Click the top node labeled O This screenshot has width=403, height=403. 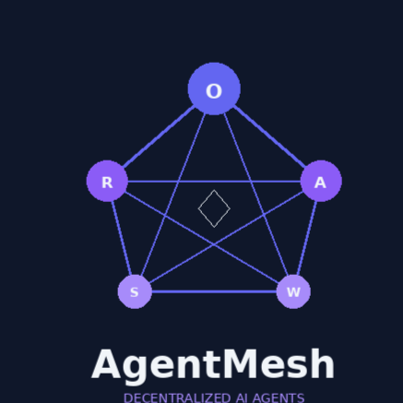[214, 89]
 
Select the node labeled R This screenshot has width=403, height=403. [107, 181]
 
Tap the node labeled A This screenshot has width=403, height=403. [321, 181]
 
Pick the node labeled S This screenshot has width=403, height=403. [135, 291]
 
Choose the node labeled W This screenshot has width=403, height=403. [293, 291]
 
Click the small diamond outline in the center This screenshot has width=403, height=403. [214, 190]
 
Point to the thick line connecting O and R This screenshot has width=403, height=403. [159, 136]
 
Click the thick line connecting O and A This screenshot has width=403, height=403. [270, 136]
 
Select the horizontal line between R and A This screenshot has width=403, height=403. [214, 182]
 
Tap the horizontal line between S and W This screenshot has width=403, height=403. [214, 291]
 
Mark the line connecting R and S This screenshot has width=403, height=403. [122, 238]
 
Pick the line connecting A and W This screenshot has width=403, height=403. [307, 238]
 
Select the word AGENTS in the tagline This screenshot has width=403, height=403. [279, 398]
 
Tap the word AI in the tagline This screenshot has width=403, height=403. [242, 398]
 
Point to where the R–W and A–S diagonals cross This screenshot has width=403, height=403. [214, 244]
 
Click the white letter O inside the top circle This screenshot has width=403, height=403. [214, 91]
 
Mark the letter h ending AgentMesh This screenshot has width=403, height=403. [324, 363]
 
